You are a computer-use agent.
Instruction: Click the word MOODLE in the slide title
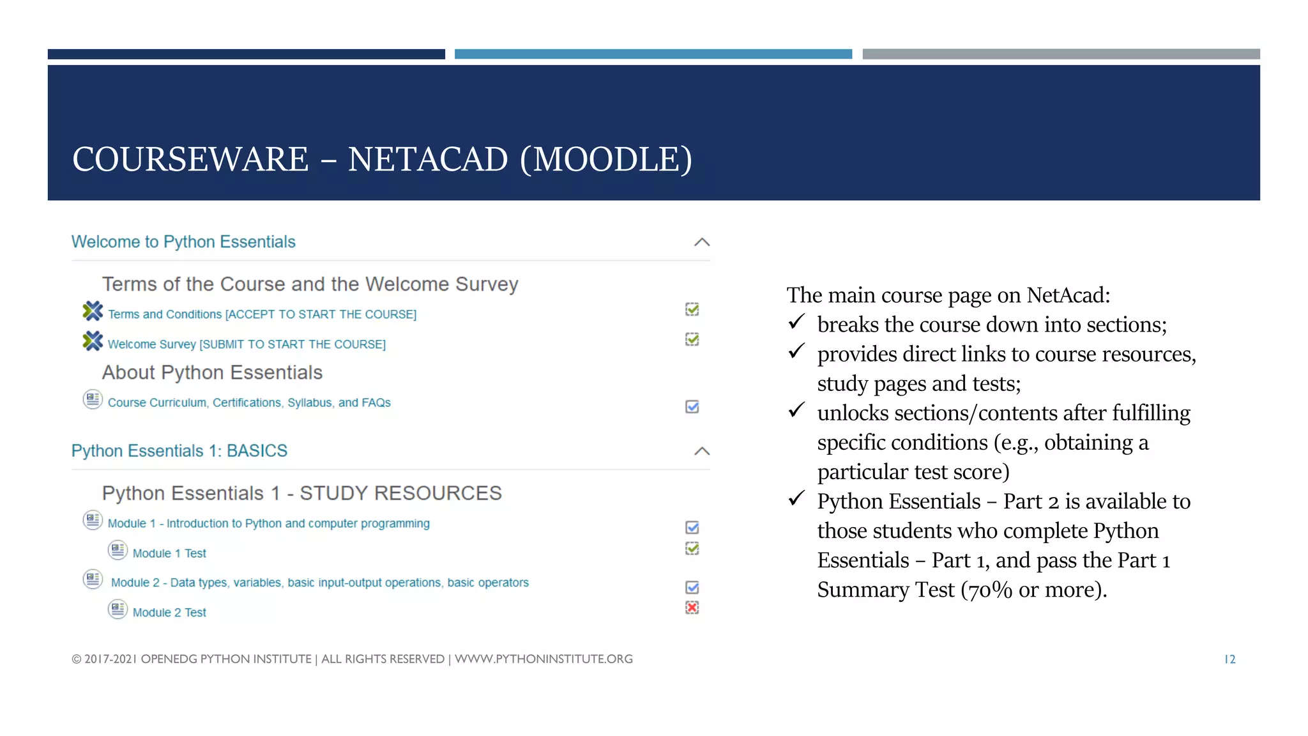click(606, 160)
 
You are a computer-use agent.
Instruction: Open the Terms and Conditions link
click(262, 314)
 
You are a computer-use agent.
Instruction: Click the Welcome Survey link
click(247, 344)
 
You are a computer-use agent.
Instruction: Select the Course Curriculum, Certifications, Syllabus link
click(249, 402)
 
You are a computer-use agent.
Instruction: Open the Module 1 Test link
click(169, 553)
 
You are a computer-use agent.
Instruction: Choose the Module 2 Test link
click(169, 613)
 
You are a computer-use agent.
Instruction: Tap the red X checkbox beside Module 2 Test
click(692, 608)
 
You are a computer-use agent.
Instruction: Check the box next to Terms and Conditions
click(692, 310)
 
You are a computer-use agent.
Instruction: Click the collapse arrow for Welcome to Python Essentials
click(702, 242)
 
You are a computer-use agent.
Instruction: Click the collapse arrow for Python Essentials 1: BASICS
click(702, 451)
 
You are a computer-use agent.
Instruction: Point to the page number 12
click(1229, 659)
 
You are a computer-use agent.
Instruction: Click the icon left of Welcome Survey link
click(93, 341)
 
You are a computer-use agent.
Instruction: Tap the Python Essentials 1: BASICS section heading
click(179, 451)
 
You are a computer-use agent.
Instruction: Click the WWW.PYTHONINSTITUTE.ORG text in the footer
click(544, 659)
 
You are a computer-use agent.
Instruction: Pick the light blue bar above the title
click(653, 54)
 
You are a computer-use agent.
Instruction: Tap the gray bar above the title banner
click(1061, 54)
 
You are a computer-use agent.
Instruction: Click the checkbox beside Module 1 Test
click(692, 549)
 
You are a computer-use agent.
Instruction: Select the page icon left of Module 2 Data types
click(93, 579)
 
